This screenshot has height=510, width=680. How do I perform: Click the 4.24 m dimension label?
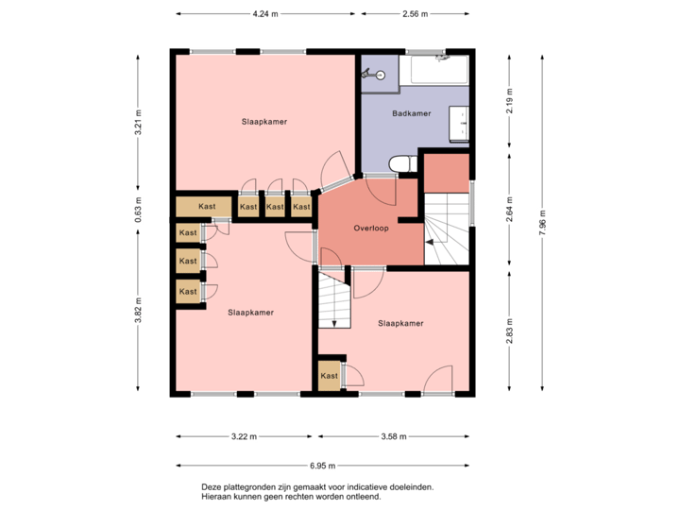tap(264, 14)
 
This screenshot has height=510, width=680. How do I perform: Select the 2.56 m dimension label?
tap(416, 14)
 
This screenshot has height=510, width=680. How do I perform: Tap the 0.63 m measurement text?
tap(138, 206)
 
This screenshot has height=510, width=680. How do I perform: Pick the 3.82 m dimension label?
tap(138, 309)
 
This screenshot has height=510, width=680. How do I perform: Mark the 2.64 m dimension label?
tap(510, 207)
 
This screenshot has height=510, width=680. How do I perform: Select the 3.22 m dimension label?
tap(245, 436)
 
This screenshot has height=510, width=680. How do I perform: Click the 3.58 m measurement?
tap(393, 436)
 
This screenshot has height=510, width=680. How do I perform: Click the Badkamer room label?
tap(411, 113)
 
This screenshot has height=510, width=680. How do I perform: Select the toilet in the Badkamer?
tap(401, 164)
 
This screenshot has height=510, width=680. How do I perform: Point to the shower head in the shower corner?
tap(369, 73)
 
